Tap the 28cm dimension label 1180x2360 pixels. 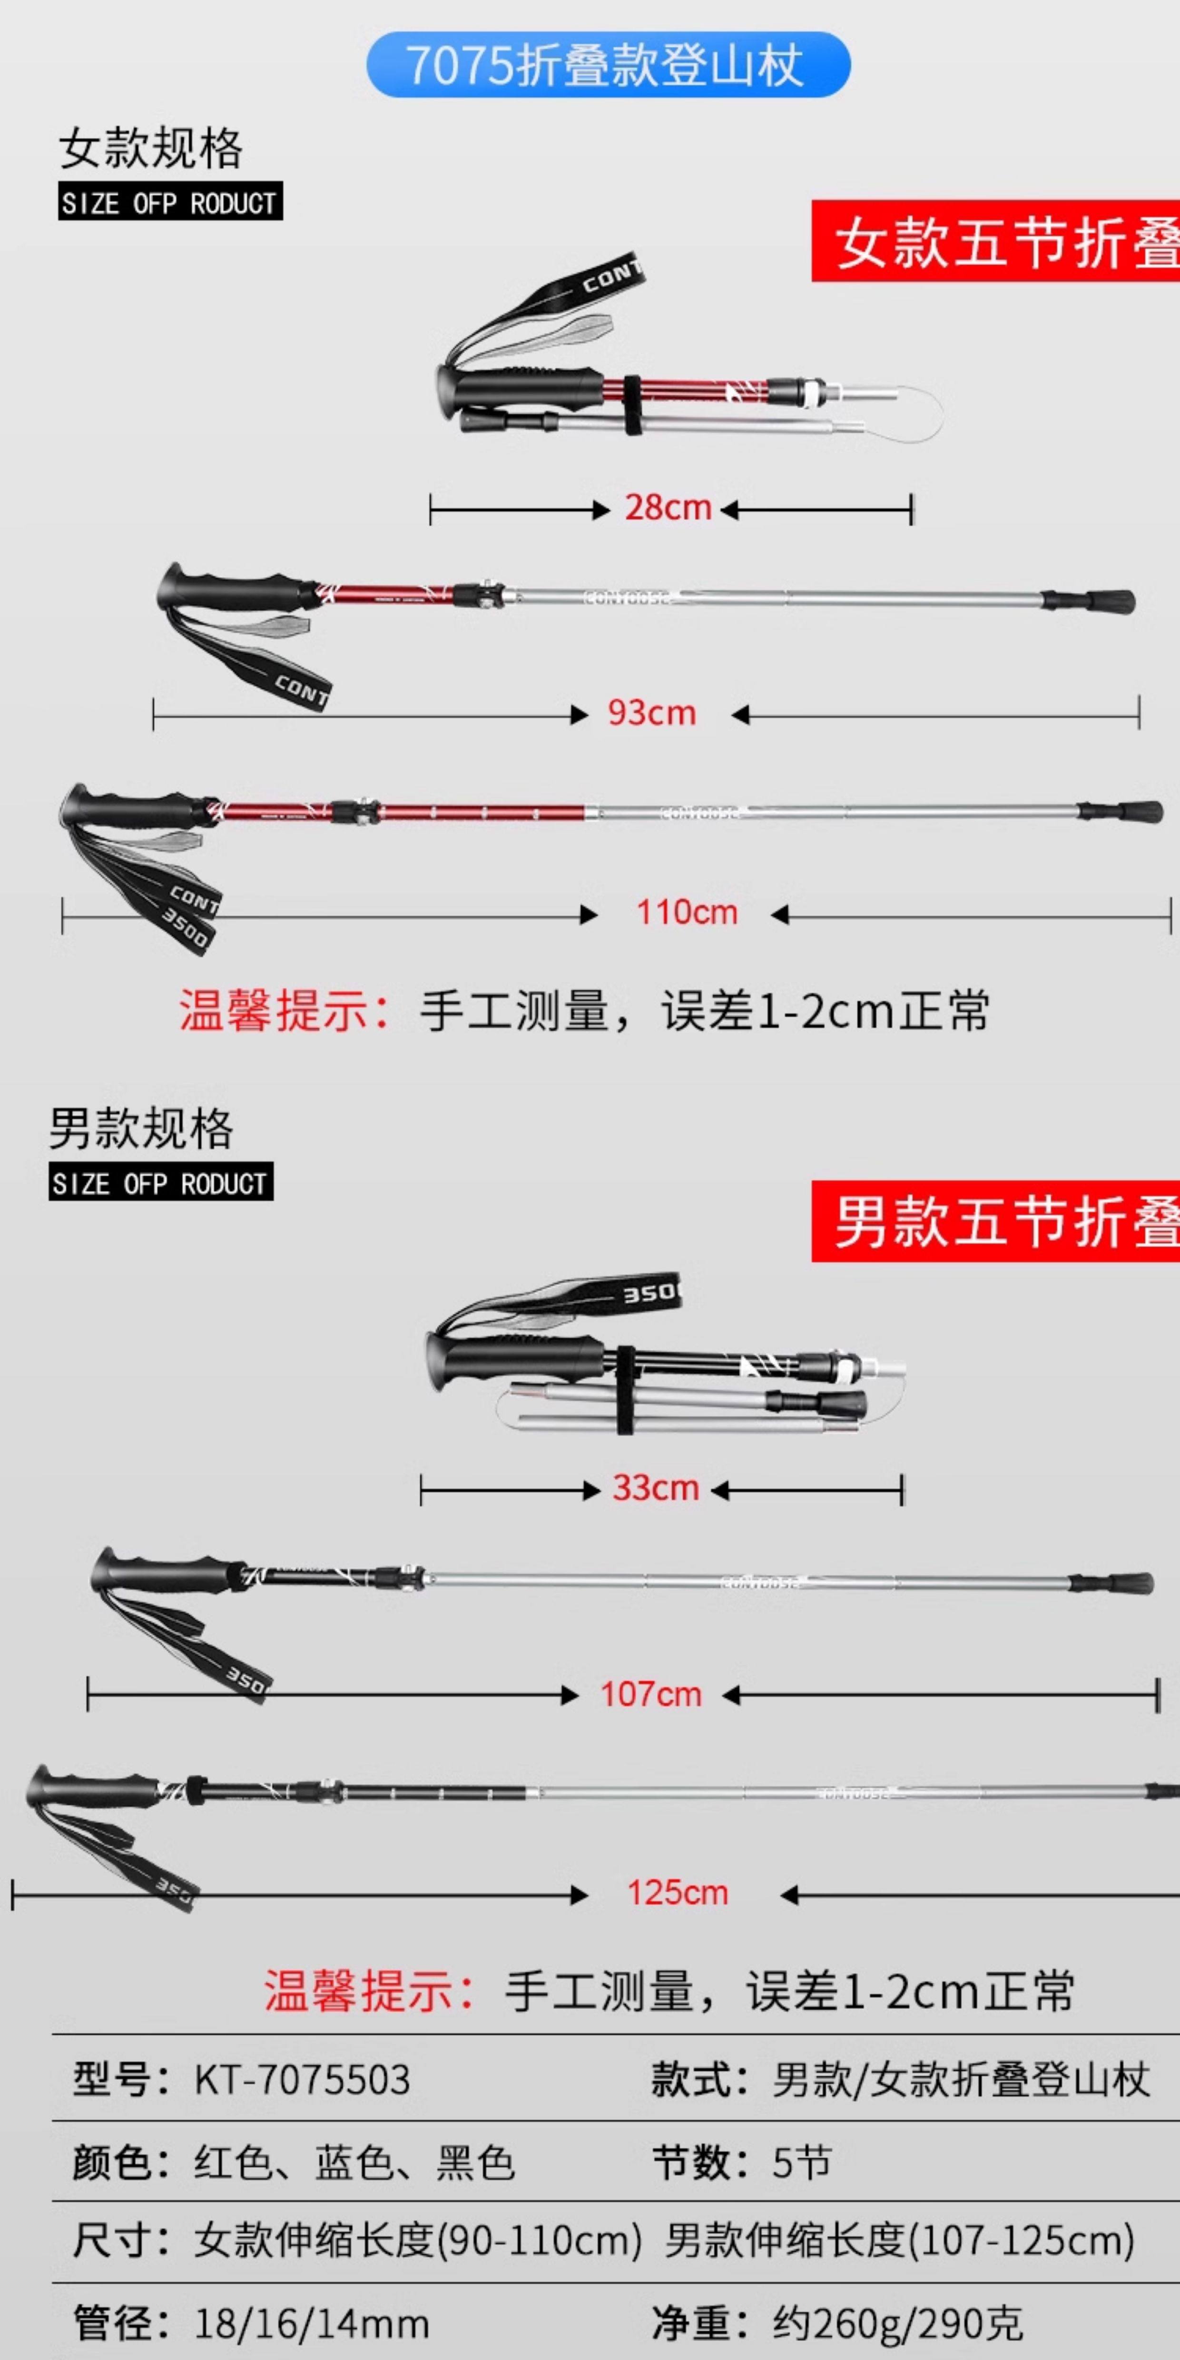[x=668, y=508]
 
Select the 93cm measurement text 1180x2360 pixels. [x=651, y=713]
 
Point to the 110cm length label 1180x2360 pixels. [x=686, y=913]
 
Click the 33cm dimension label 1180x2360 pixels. [x=655, y=1488]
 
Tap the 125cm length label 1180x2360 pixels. [x=677, y=1893]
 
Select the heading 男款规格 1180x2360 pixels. [x=141, y=1129]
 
